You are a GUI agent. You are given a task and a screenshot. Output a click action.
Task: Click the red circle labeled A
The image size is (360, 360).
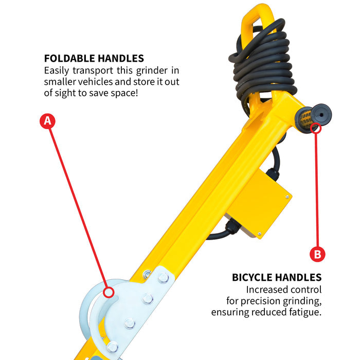(x=47, y=121)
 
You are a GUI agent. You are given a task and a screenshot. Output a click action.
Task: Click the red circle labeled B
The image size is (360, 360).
(x=317, y=254)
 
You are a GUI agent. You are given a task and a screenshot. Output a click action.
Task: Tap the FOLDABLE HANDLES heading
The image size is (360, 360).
(x=94, y=59)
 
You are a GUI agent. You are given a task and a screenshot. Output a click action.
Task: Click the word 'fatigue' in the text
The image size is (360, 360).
(x=304, y=312)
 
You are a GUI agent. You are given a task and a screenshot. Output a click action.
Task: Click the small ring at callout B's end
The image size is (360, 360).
(x=316, y=128)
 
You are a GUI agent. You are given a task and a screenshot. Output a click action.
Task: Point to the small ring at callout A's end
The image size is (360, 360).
(x=108, y=292)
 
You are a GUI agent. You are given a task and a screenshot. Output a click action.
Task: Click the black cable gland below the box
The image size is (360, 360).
(x=232, y=227)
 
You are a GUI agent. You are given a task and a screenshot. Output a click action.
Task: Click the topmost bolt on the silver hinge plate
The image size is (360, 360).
(x=164, y=278)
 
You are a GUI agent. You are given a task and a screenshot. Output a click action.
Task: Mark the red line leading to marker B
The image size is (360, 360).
(x=317, y=190)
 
